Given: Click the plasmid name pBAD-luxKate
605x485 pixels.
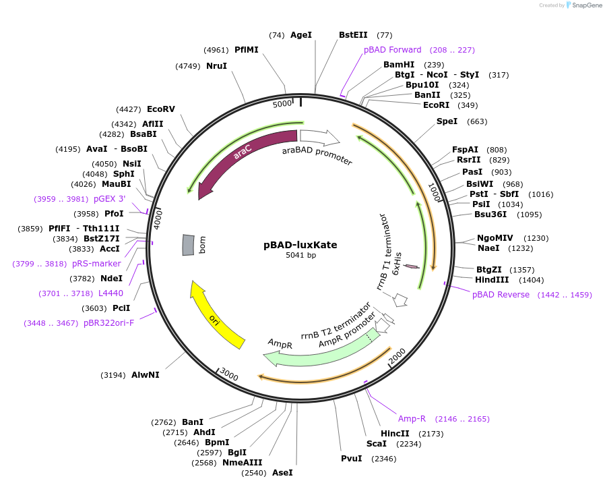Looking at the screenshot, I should pos(300,245).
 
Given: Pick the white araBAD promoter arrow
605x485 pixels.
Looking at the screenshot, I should pos(319,138).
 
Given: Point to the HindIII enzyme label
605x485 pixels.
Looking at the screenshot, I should pos(492,279).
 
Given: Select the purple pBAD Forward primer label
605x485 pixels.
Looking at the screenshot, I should pos(393,50).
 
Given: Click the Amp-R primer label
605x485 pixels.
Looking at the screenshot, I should pos(412,419).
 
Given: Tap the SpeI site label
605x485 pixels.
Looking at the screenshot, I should pos(447,121).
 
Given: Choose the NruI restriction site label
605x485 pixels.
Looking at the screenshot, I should pos(216,66).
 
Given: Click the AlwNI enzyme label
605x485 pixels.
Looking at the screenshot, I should pos(145,375).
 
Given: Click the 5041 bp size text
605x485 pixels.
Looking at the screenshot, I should pos(300,255).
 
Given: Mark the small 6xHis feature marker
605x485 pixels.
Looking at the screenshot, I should pos(412,267).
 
